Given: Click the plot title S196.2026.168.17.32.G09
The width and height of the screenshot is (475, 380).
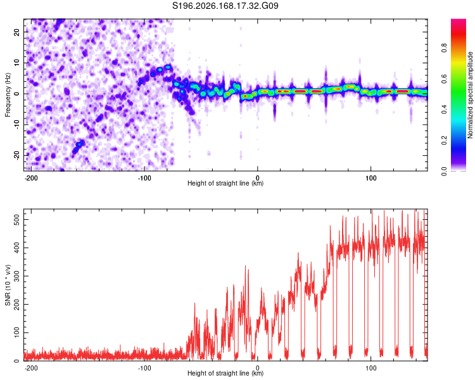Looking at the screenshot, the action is [x=225, y=6].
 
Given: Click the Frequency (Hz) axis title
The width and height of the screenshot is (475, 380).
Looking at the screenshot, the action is [x=8, y=95].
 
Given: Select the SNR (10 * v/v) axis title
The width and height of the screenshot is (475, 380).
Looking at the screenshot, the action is [x=8, y=285].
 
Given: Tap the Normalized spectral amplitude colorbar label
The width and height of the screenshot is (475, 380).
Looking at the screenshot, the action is [x=470, y=95].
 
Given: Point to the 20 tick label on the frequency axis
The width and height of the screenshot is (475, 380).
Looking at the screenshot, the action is [x=17, y=32].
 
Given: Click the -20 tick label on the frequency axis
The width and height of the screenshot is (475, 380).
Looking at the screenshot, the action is [x=17, y=155].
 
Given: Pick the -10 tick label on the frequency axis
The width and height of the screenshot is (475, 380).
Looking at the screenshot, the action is [x=17, y=124].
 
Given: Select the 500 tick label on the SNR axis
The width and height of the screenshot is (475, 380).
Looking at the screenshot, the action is [x=16, y=219].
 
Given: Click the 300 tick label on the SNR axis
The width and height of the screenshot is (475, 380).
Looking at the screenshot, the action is [x=16, y=276].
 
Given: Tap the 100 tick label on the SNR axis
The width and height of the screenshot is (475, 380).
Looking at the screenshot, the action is [x=16, y=332].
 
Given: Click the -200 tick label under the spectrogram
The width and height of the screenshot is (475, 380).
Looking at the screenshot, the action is [x=30, y=178].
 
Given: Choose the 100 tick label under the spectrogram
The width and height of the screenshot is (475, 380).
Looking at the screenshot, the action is [x=370, y=178].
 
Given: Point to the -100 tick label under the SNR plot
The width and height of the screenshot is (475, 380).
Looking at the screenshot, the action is [x=144, y=368].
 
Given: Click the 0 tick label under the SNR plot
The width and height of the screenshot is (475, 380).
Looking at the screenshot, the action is [x=258, y=368].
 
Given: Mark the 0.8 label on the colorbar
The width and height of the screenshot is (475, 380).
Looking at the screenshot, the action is [x=444, y=48].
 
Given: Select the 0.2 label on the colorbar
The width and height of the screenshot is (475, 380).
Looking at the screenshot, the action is [x=444, y=141].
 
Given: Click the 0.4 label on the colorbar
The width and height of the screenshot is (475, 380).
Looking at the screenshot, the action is [x=444, y=110].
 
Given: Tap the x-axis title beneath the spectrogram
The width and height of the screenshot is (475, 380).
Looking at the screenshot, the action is [x=225, y=183].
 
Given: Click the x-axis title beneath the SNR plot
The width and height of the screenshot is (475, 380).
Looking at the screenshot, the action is [x=225, y=373].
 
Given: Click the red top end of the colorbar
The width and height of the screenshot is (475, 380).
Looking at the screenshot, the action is [x=459, y=21].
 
